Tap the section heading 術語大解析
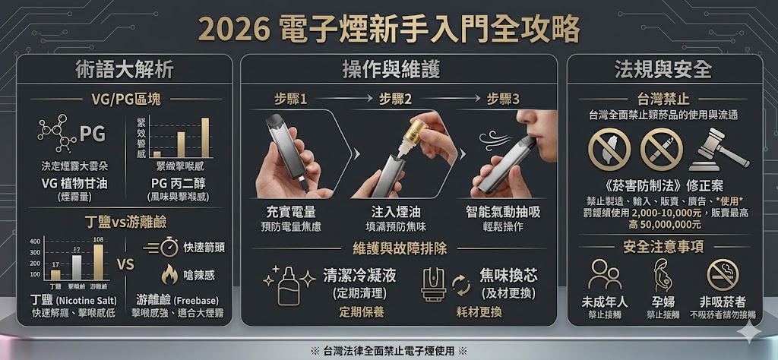(125, 70)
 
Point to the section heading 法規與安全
(663, 70)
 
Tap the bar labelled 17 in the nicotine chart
(55, 273)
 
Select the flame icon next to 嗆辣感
(169, 274)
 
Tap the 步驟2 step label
(395, 99)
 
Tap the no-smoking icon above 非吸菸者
(722, 275)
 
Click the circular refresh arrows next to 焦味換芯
(460, 285)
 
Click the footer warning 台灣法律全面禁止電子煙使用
(389, 351)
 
